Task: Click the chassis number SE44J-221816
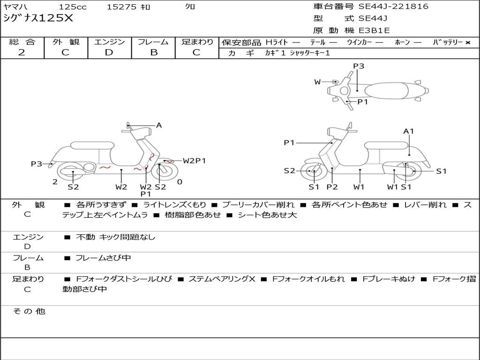(x=393, y=7)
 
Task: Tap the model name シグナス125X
(x=38, y=19)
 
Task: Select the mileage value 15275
(x=121, y=7)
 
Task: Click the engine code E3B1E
(x=374, y=31)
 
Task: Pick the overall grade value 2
(x=22, y=52)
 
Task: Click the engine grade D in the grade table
(x=109, y=52)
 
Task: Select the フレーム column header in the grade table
(x=153, y=42)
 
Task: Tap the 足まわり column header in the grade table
(x=197, y=42)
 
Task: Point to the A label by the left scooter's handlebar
(x=159, y=125)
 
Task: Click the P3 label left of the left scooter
(x=36, y=164)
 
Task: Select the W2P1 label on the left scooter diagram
(x=194, y=161)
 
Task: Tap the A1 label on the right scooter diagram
(x=409, y=131)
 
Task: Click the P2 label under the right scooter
(x=332, y=187)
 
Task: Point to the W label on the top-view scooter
(x=317, y=82)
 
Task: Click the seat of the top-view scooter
(x=387, y=90)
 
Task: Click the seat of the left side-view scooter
(x=92, y=145)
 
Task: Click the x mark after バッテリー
(x=467, y=42)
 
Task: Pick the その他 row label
(x=29, y=311)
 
